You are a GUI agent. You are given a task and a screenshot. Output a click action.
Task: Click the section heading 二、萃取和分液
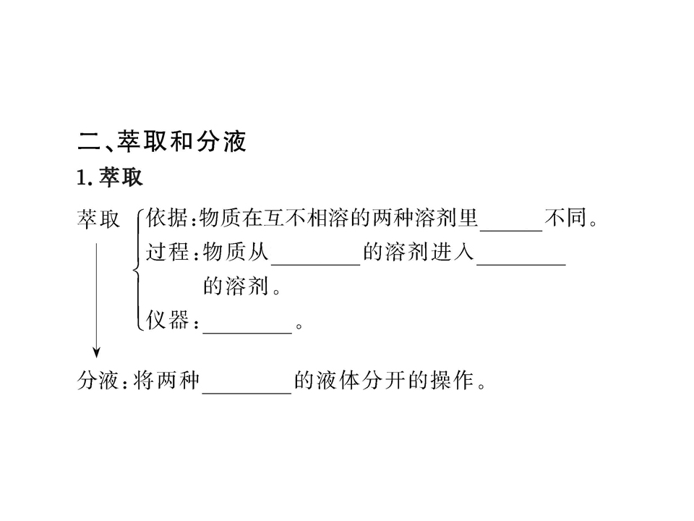click(x=161, y=141)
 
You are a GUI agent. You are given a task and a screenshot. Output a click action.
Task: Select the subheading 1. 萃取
click(x=110, y=177)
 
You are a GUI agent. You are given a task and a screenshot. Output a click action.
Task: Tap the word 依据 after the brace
click(x=167, y=218)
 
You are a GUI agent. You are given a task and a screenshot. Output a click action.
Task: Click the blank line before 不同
click(x=511, y=230)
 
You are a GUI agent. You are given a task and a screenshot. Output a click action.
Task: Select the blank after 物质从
click(x=316, y=265)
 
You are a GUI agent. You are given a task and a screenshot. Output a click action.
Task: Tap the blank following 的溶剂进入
click(x=521, y=265)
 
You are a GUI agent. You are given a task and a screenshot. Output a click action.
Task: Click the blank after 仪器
click(x=247, y=332)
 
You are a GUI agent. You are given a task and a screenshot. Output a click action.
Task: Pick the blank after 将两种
click(x=247, y=392)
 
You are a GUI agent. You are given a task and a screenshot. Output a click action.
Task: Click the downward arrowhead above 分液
click(x=96, y=352)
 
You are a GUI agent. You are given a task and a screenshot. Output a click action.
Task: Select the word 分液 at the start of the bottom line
click(x=98, y=380)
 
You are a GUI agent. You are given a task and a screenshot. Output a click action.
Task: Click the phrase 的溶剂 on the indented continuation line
click(x=236, y=286)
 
